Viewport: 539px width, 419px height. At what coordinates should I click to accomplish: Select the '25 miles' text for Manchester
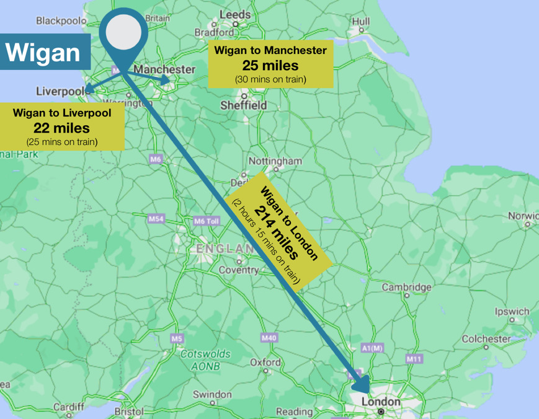(x=270, y=65)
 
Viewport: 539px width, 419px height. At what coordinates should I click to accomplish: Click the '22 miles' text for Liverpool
(x=61, y=128)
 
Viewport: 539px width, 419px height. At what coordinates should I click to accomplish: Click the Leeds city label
(x=235, y=14)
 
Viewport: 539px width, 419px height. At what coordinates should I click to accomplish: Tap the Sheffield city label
(x=244, y=105)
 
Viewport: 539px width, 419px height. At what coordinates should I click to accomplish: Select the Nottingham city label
(x=275, y=161)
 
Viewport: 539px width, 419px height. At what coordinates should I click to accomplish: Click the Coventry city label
(x=238, y=270)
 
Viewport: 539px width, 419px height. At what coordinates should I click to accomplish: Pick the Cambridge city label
(x=407, y=287)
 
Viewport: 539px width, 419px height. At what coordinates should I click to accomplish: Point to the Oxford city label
(x=265, y=362)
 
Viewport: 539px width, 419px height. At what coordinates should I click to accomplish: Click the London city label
(x=381, y=402)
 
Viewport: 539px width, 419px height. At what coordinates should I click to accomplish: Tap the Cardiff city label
(x=68, y=407)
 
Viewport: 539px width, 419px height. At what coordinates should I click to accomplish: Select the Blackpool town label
(x=61, y=20)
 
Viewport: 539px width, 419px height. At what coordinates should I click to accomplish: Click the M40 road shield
(x=269, y=338)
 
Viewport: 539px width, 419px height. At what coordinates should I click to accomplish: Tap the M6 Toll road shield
(x=207, y=221)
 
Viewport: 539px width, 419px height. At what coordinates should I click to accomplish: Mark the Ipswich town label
(x=512, y=312)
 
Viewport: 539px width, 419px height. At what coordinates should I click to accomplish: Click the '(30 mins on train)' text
(x=270, y=79)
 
